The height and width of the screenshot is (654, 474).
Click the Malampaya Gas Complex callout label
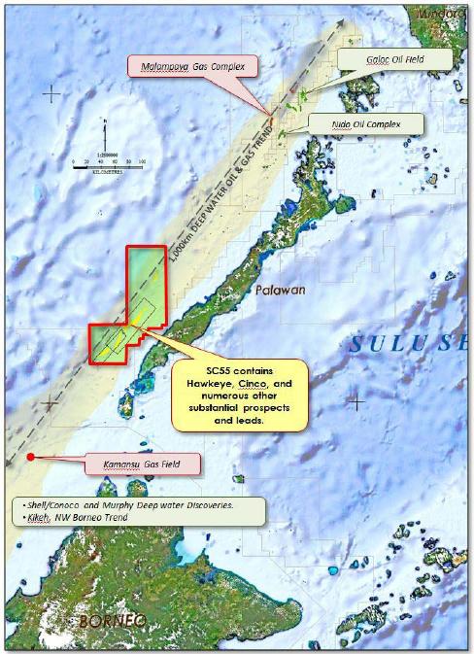coord(194,67)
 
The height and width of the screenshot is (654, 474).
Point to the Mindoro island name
coord(441,13)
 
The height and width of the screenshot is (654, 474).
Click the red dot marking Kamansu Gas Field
coord(31,457)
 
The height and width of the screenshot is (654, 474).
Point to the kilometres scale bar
coord(106,168)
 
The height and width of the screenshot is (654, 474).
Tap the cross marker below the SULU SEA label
coord(356,401)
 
